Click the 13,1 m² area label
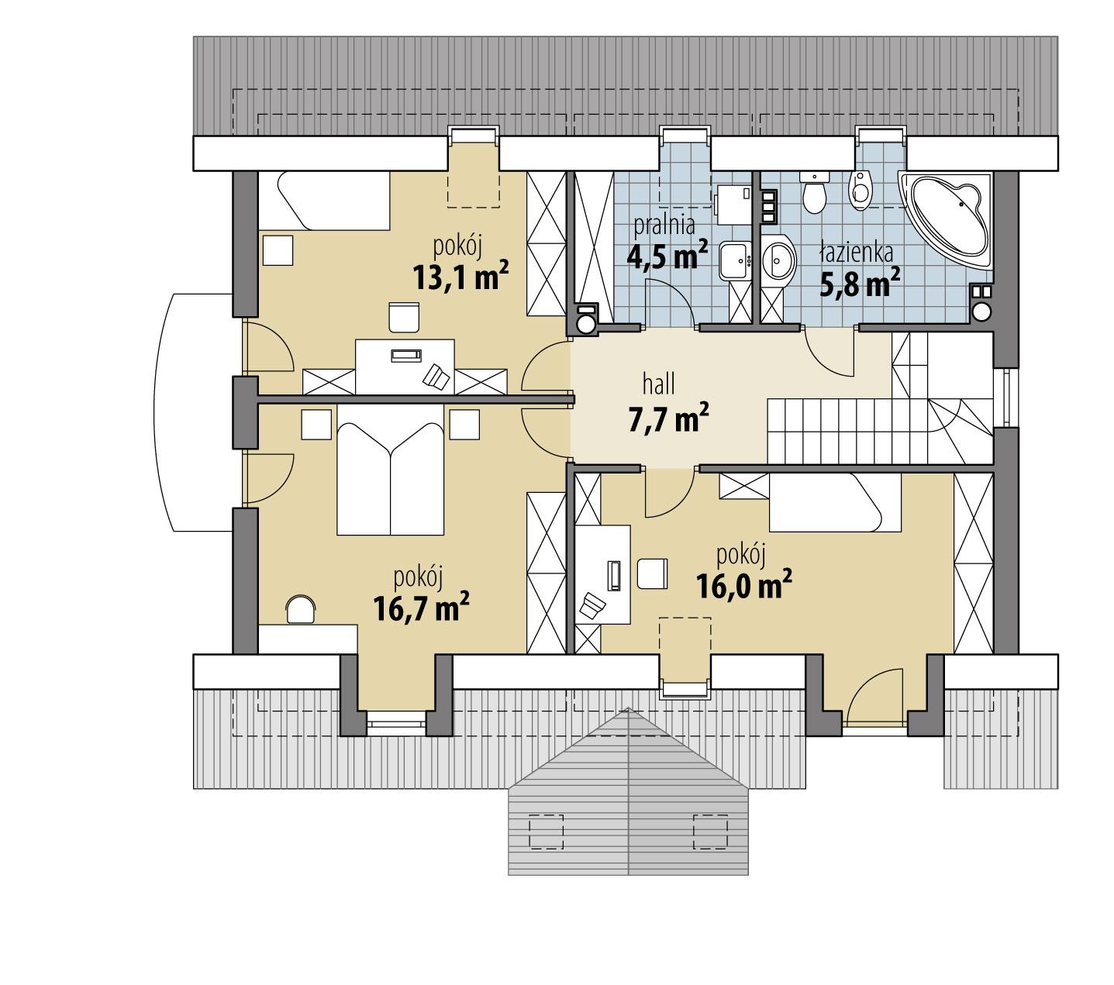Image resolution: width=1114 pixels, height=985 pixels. pos(460,276)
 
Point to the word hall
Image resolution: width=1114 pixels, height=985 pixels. pos(659,383)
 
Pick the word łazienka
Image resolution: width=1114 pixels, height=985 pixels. pos(857,252)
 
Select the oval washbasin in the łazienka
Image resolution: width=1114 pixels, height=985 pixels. pos(779,260)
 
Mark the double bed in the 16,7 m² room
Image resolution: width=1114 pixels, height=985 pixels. pos(390,478)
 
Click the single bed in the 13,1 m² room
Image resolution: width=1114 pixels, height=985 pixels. pos(323,201)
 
